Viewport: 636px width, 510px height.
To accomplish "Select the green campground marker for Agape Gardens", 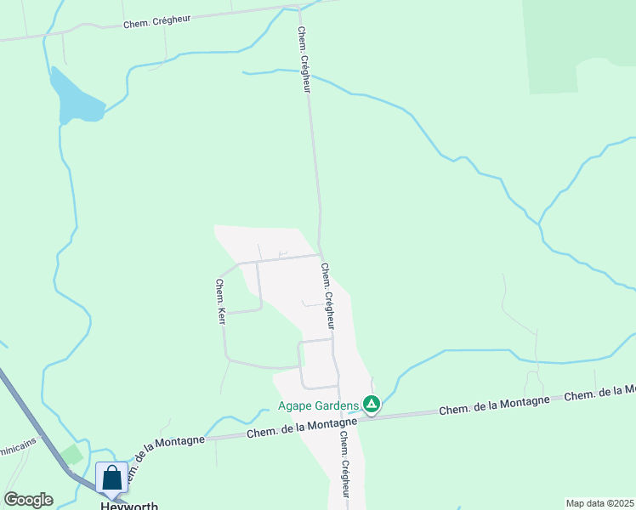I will (371, 404).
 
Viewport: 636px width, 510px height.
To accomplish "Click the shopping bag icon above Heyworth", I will (111, 479).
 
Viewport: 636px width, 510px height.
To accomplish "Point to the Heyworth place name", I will (129, 506).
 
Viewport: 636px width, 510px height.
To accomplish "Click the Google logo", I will (28, 500).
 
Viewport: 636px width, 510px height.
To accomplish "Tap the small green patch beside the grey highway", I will (72, 455).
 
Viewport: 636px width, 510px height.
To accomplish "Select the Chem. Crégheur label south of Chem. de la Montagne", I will (345, 464).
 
